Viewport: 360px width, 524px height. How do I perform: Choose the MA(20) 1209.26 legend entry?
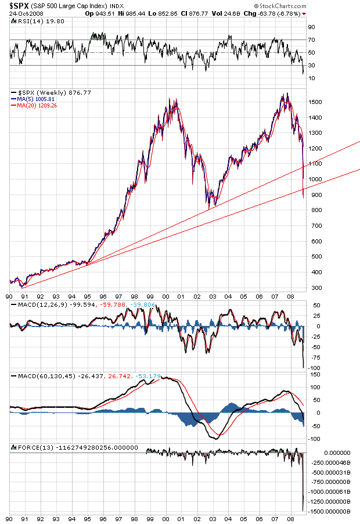pos(36,105)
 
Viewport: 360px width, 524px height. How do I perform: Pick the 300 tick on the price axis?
pos(314,288)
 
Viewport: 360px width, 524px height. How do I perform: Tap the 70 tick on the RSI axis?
pos(311,40)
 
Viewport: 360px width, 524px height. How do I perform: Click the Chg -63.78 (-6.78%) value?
pos(275,13)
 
